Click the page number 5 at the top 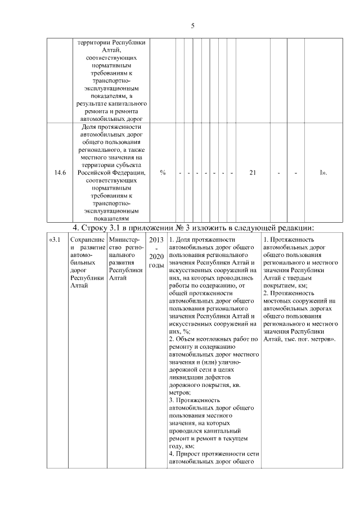pos(192,25)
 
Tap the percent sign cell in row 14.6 pos(163,173)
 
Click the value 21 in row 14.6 pos(253,173)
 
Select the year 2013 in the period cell pos(156,240)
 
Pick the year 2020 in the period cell pos(156,256)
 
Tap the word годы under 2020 pos(156,265)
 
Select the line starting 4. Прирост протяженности pos(213,453)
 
